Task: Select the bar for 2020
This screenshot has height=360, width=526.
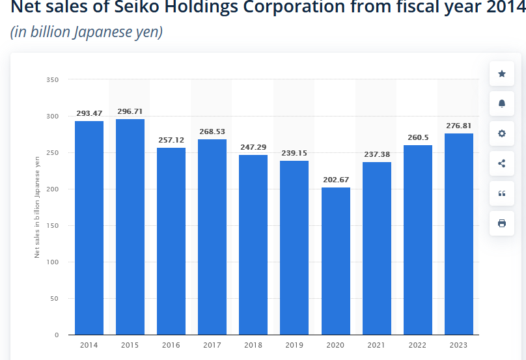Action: pyautogui.click(x=336, y=260)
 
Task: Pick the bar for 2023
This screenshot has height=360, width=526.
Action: pyautogui.click(x=459, y=234)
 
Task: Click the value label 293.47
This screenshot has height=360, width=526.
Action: pyautogui.click(x=89, y=113)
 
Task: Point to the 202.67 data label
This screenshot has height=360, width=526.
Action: pyautogui.click(x=336, y=180)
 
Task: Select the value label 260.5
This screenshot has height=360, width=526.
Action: pyautogui.click(x=418, y=137)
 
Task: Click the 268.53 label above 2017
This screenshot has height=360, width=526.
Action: pyautogui.click(x=212, y=132)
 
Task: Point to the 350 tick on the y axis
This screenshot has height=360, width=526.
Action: pyautogui.click(x=53, y=80)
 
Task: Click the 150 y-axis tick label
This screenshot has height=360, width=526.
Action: pyautogui.click(x=53, y=226)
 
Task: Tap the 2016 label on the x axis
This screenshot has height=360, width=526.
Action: pyautogui.click(x=171, y=344)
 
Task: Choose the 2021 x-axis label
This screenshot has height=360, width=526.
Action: pyautogui.click(x=377, y=344)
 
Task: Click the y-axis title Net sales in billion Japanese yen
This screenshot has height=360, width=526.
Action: pyautogui.click(x=38, y=207)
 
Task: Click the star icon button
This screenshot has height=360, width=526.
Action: pyautogui.click(x=501, y=74)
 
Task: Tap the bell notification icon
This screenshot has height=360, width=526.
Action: pyautogui.click(x=501, y=104)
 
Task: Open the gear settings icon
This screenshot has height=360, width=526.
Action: pyautogui.click(x=501, y=133)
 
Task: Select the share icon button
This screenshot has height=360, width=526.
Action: pyautogui.click(x=501, y=163)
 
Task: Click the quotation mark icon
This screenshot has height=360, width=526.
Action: pyautogui.click(x=501, y=193)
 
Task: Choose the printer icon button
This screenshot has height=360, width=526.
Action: pyautogui.click(x=501, y=223)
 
